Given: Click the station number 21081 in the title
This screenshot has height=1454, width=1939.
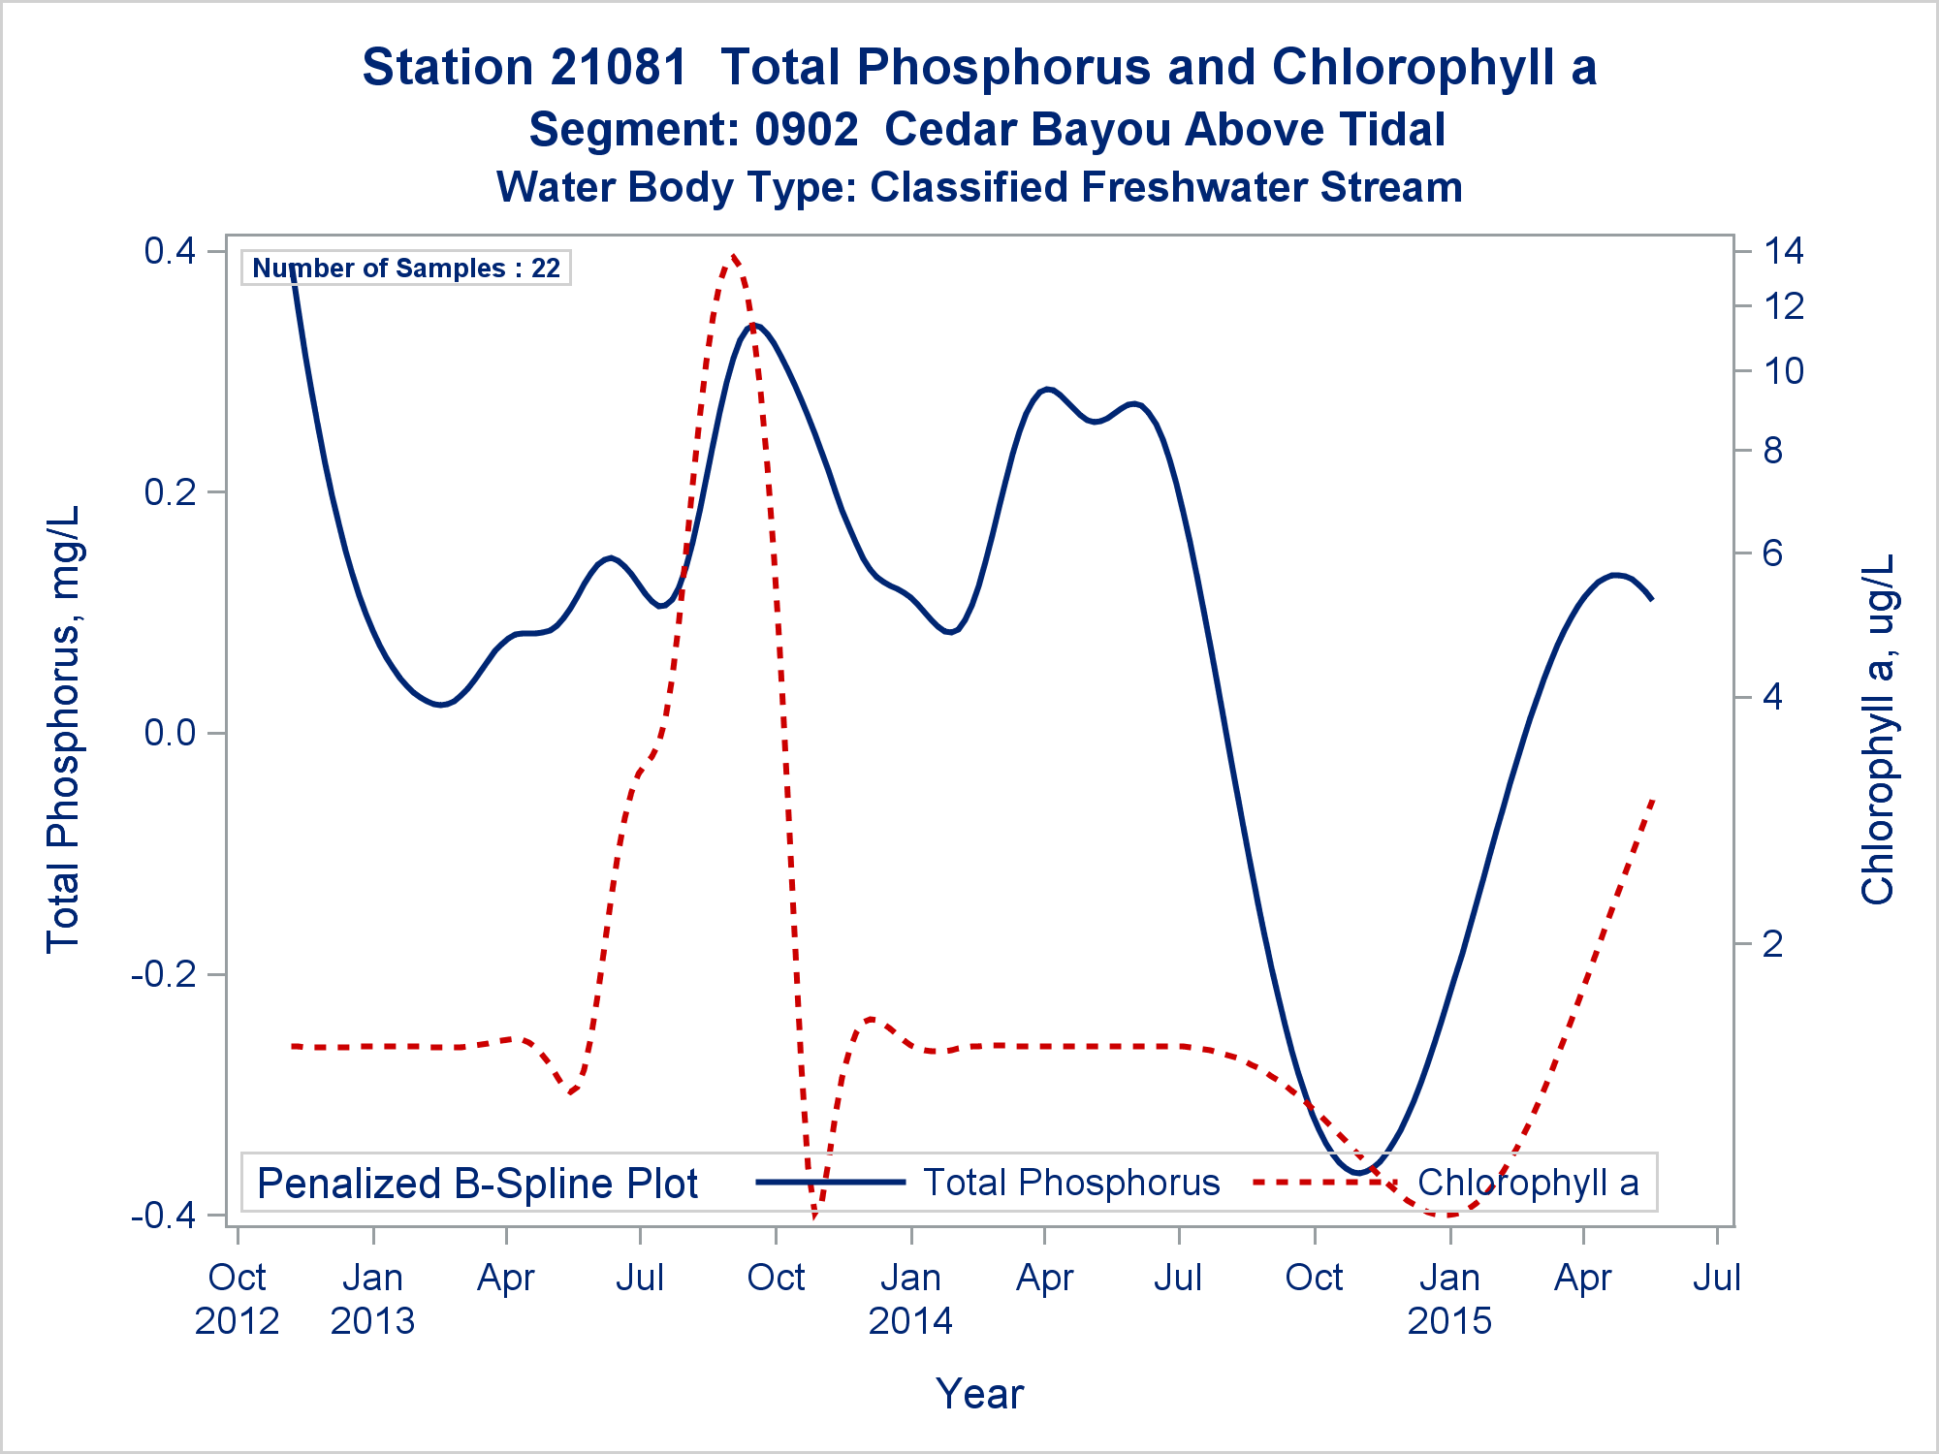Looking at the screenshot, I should click(620, 68).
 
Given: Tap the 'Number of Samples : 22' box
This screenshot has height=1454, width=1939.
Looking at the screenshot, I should click(406, 269).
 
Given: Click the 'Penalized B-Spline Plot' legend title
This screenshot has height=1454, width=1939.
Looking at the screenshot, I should click(477, 1184).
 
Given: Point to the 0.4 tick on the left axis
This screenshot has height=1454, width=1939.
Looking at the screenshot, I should click(170, 251).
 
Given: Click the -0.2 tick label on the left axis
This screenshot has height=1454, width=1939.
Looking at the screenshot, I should click(163, 973).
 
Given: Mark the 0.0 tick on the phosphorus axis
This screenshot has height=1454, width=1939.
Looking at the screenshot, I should click(170, 733).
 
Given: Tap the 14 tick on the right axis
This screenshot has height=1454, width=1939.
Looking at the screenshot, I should click(1783, 251).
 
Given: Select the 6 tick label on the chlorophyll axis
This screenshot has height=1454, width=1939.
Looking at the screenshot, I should click(1772, 553).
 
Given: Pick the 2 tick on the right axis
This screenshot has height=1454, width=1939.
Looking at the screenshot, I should click(1772, 943).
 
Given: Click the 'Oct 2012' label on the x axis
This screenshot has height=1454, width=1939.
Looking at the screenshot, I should click(238, 1299).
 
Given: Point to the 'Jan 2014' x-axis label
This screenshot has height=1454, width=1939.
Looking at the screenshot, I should click(910, 1299).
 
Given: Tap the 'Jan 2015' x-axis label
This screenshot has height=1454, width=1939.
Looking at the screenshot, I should click(1449, 1299).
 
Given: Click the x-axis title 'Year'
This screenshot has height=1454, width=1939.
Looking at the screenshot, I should click(979, 1394).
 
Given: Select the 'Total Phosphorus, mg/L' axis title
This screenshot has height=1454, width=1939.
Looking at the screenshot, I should click(64, 729).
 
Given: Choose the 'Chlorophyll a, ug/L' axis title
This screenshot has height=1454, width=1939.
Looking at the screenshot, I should click(1878, 729).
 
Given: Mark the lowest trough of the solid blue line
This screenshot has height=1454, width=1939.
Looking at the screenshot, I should click(1359, 1173).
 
